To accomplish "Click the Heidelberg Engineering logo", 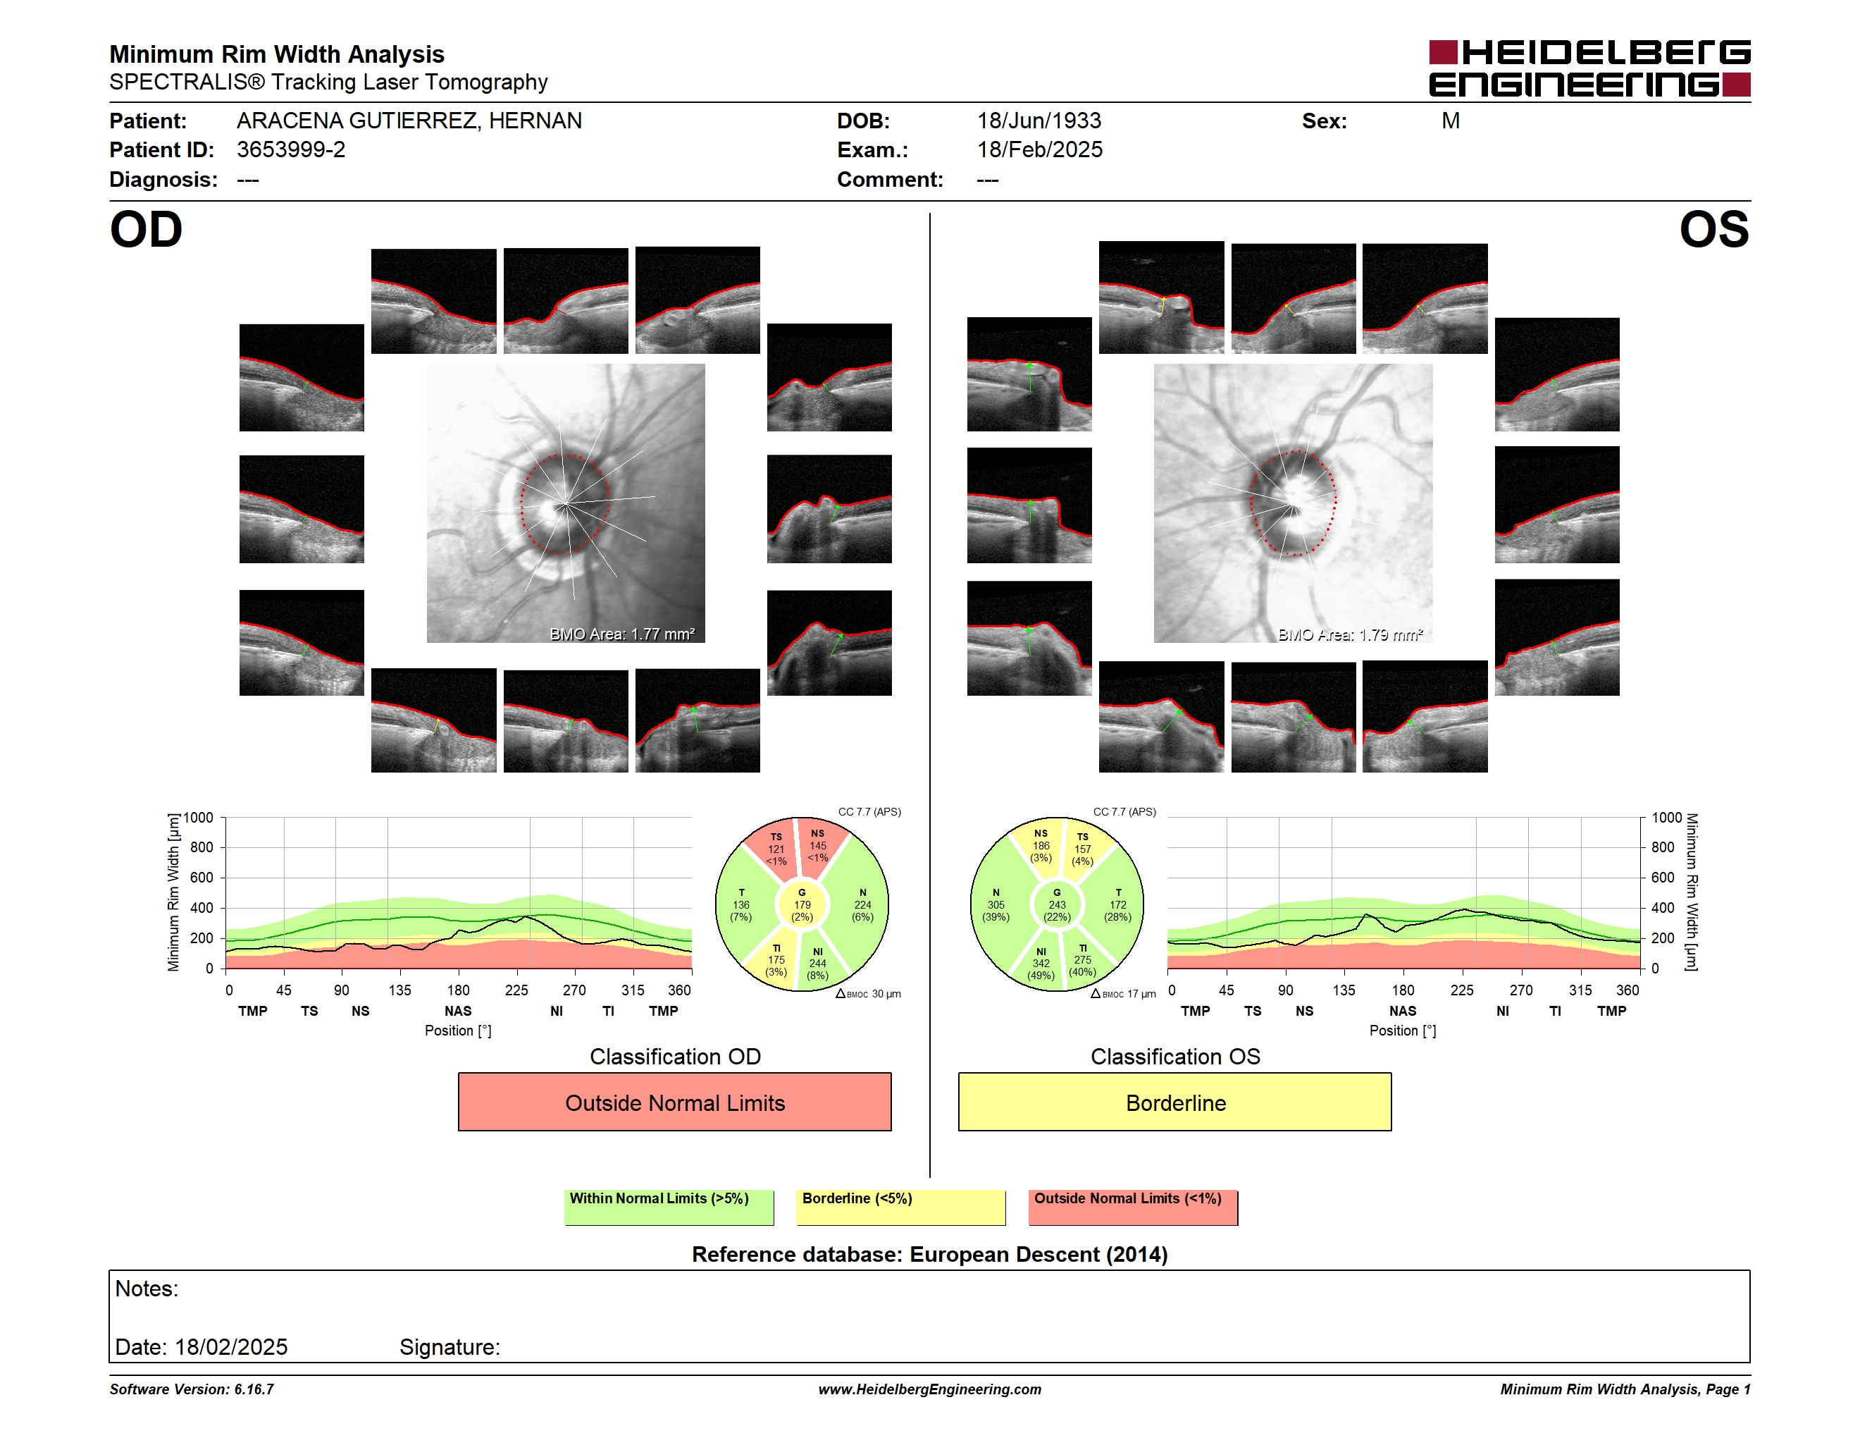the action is [x=1589, y=68].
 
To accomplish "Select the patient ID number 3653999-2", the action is [x=290, y=150].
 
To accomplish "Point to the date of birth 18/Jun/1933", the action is [x=1038, y=121].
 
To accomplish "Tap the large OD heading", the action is [x=146, y=229].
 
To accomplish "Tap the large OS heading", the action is [x=1713, y=229].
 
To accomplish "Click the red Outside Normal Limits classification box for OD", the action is [x=674, y=1102].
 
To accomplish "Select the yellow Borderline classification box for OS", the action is [x=1174, y=1102].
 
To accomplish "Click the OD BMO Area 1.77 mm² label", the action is [x=621, y=634].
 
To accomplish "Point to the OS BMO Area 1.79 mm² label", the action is [x=1350, y=634].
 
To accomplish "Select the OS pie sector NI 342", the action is [x=1041, y=964].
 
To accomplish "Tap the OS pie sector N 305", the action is [x=996, y=904].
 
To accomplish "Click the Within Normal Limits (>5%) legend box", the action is [x=669, y=1207].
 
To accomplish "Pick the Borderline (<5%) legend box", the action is [x=900, y=1207].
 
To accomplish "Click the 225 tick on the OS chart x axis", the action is [x=1461, y=990].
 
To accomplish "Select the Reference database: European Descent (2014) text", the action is [x=929, y=1254].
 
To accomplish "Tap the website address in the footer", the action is [x=929, y=1389].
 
